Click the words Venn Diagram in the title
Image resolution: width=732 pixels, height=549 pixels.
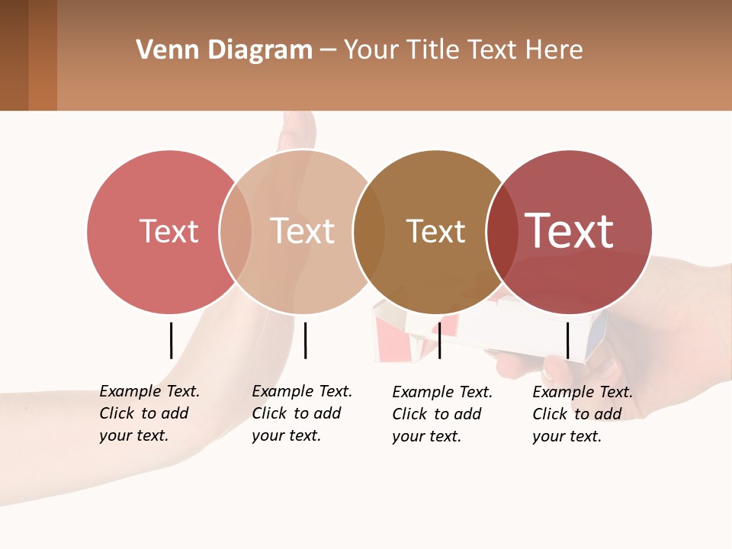click(224, 50)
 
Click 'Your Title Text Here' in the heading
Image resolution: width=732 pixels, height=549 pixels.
click(463, 50)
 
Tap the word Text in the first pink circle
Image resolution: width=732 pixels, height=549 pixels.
click(169, 231)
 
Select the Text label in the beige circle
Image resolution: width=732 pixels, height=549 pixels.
click(303, 231)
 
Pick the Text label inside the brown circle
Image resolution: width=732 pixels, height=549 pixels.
click(435, 231)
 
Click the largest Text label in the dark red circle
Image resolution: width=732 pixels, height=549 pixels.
click(570, 230)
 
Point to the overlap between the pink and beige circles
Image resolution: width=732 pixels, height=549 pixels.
click(236, 232)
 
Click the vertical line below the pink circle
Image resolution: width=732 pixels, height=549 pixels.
click(171, 340)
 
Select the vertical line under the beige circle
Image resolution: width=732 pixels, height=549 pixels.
click(305, 340)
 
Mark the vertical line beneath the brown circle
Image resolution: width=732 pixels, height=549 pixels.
click(439, 340)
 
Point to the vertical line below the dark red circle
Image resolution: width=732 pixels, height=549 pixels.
click(567, 340)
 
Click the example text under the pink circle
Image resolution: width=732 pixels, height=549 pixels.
click(149, 413)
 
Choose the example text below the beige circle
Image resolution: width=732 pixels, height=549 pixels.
click(301, 413)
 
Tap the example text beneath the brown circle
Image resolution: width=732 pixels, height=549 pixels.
click(441, 414)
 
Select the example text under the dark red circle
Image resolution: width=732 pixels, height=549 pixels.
click(582, 414)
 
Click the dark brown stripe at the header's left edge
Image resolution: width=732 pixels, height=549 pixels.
click(14, 55)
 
